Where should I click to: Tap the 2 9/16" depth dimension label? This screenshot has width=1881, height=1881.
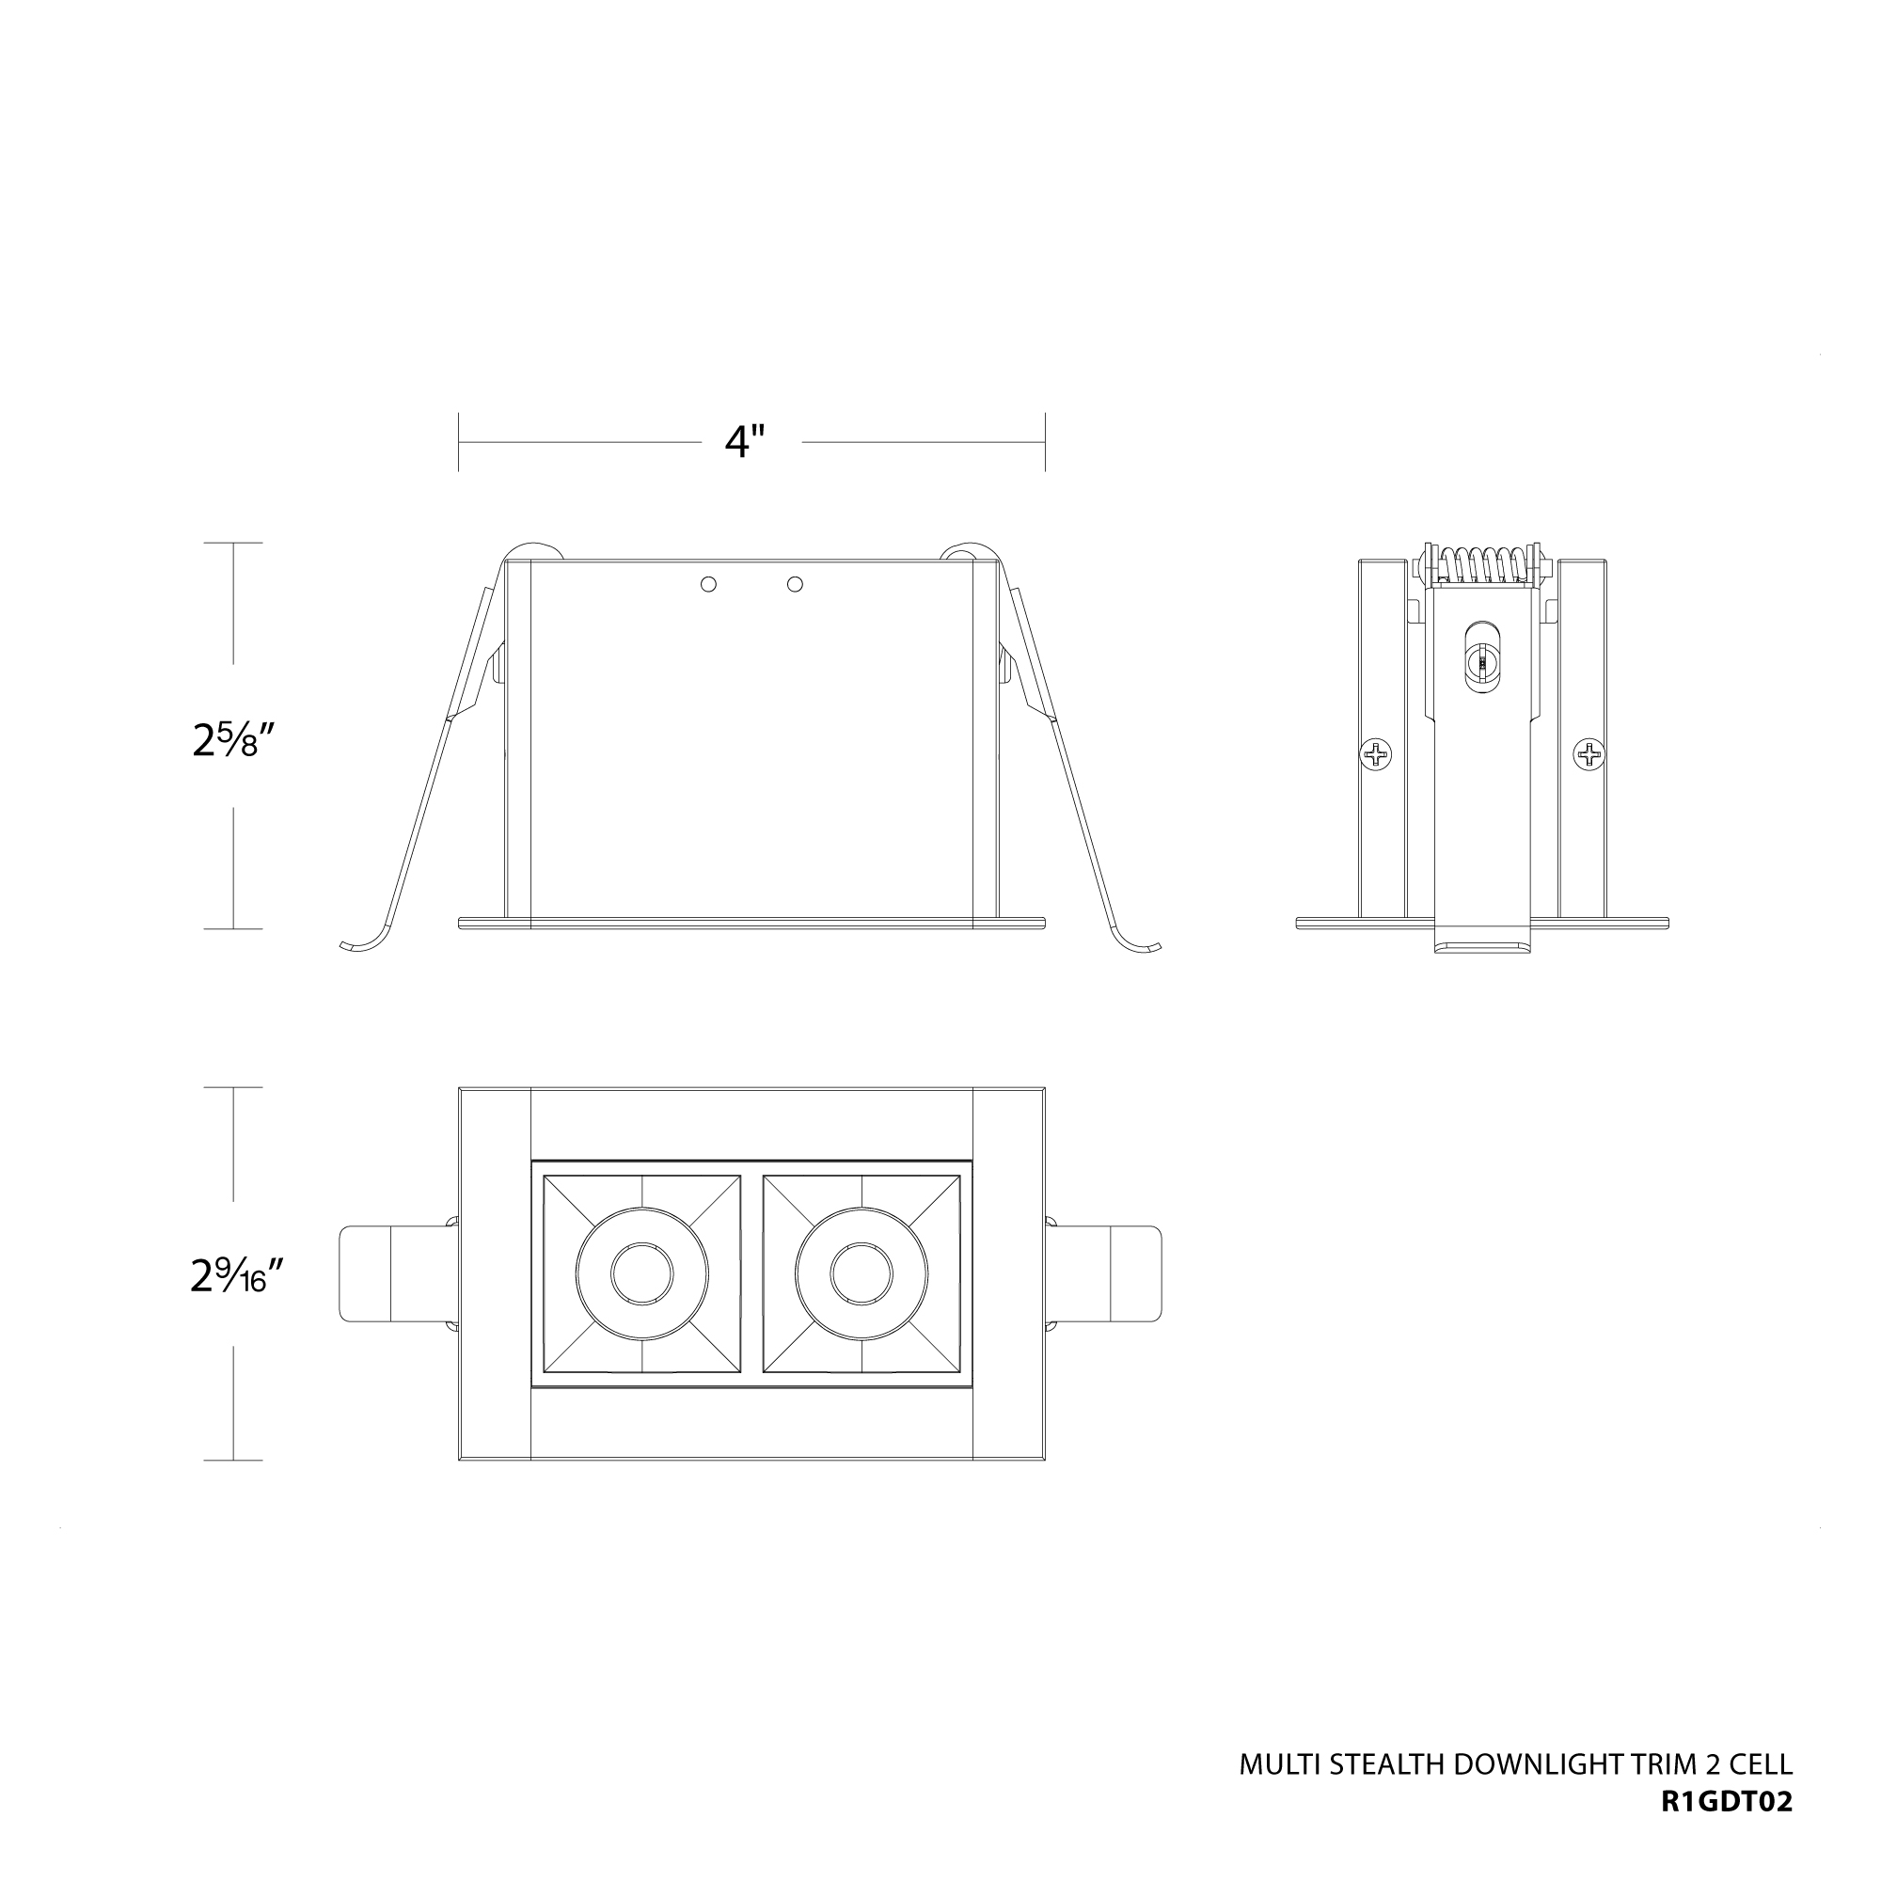237,1275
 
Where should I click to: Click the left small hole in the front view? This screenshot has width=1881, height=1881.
709,584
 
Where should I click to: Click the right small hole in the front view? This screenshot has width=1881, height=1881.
795,584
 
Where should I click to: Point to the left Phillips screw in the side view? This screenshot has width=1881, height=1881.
1375,753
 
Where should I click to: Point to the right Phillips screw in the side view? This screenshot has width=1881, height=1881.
1589,753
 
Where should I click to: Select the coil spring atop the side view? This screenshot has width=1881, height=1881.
1482,564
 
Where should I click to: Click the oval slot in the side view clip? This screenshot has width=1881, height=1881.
1481,659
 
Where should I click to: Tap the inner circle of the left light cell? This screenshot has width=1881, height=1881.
641,1273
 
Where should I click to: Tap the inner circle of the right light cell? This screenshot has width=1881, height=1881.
861,1273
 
